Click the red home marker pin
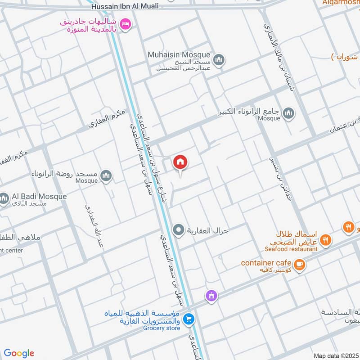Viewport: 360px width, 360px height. point(180,162)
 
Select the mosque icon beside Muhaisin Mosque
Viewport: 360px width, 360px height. point(219,60)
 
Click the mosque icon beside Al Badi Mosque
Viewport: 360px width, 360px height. point(4,198)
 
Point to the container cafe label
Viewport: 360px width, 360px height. point(266,262)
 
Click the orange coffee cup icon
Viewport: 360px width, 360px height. point(300,265)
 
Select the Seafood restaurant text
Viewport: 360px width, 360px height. point(291,249)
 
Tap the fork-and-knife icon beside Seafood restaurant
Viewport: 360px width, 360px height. point(327,241)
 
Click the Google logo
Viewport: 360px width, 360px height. point(19,353)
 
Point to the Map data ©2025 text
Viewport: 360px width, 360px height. point(335,355)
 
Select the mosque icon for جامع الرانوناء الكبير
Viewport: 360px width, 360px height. point(289,113)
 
